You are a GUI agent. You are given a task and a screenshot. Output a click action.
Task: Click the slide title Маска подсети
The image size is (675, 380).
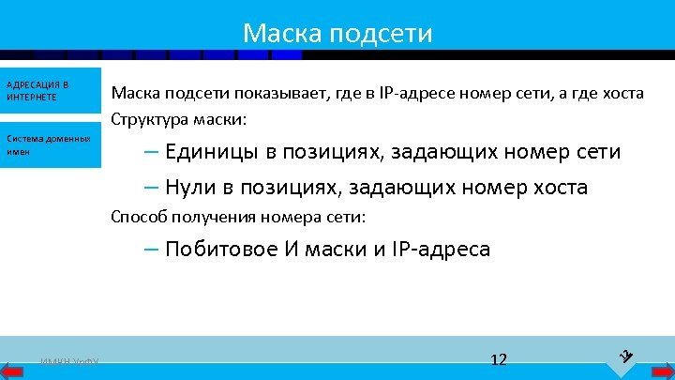337,34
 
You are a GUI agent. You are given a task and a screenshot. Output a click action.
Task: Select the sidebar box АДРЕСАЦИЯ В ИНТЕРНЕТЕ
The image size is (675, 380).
51,92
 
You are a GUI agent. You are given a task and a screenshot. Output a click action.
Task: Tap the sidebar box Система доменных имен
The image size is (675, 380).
51,144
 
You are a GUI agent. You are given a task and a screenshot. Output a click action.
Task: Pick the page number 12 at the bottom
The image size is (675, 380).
499,359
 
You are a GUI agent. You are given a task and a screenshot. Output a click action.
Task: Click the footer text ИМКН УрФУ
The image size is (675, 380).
70,362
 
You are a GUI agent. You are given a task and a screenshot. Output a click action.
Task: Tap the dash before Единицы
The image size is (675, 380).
152,152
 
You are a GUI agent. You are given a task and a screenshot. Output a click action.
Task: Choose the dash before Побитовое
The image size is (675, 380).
152,250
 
